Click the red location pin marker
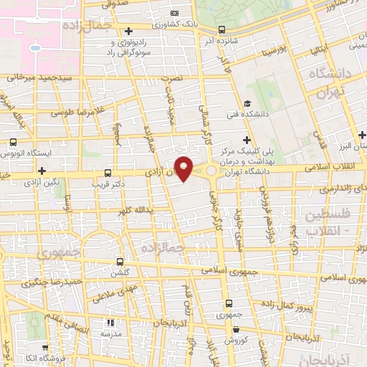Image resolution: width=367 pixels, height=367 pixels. click(x=184, y=168)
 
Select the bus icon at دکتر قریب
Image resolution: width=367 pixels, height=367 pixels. click(x=108, y=173)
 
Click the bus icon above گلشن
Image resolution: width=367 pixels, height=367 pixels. click(x=120, y=262)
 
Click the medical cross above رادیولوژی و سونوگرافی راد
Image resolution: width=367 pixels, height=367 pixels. click(x=128, y=31)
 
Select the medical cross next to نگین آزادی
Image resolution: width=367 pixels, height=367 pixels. click(x=42, y=171)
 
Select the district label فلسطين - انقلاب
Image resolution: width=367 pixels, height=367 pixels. click(x=332, y=222)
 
